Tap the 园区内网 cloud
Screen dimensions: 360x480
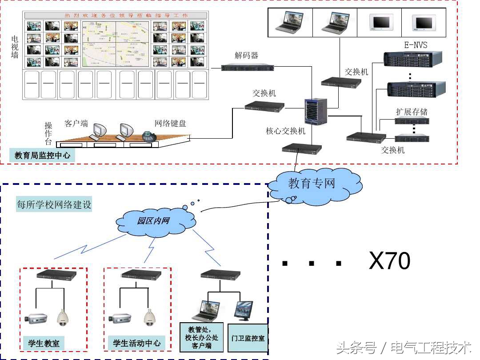(153, 221)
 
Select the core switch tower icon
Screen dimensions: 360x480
(316, 112)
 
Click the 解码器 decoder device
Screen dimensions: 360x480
(248, 67)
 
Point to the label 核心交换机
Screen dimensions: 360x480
(286, 131)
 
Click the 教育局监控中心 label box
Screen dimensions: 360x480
(42, 156)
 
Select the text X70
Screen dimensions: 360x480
(389, 261)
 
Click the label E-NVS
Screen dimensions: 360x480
(415, 45)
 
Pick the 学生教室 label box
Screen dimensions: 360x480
(43, 343)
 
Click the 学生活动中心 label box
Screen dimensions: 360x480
(136, 343)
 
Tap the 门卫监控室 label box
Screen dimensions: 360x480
(248, 338)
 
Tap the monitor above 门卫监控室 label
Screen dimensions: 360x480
(244, 309)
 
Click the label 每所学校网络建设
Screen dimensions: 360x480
(54, 205)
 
